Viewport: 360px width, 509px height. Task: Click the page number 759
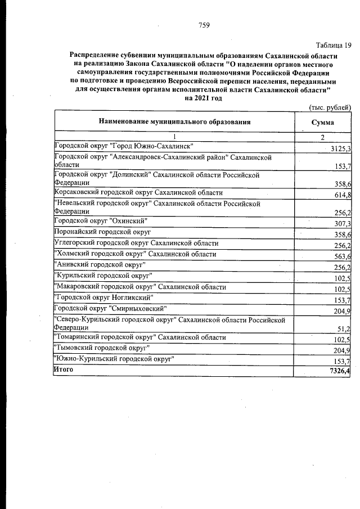(204, 25)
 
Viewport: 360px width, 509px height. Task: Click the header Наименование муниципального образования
(174, 121)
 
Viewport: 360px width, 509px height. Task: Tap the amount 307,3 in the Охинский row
(342, 224)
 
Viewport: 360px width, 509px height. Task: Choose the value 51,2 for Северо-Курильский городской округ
(344, 328)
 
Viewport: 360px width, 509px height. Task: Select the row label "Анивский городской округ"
(100, 264)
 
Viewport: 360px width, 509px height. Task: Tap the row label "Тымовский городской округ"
(101, 348)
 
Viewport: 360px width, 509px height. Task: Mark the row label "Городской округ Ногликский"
(102, 297)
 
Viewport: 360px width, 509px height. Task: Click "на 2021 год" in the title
(203, 98)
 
